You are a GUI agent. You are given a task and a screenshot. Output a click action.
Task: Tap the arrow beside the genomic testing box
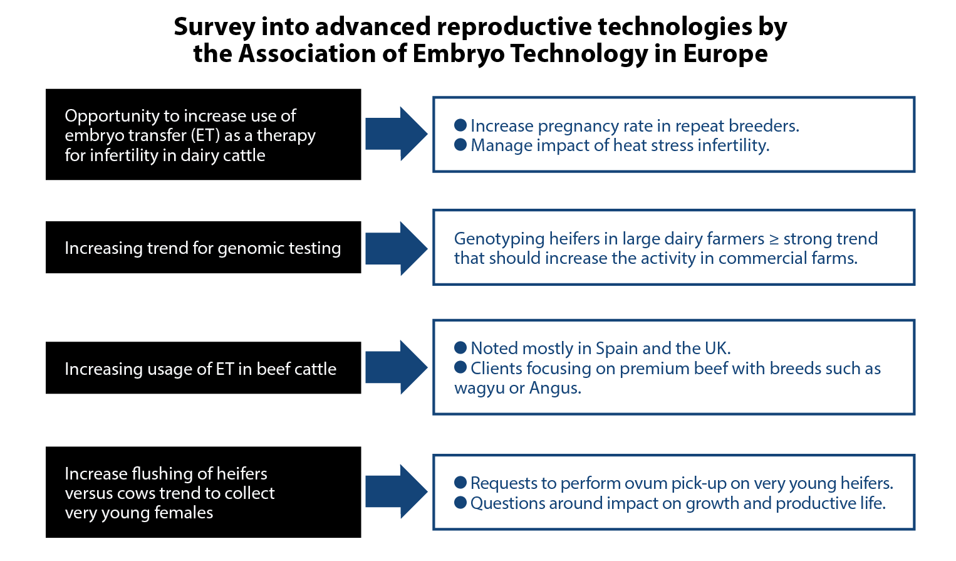(397, 248)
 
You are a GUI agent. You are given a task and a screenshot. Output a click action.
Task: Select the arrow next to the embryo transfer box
(397, 134)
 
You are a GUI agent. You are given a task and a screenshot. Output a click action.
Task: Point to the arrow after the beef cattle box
(397, 367)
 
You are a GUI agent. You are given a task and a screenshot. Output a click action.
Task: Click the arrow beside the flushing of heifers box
(397, 491)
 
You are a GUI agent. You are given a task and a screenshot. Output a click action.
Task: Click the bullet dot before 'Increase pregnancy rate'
(460, 125)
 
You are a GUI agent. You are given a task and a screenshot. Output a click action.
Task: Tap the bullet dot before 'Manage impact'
(460, 145)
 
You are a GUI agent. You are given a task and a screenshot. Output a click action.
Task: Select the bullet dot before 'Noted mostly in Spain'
(460, 347)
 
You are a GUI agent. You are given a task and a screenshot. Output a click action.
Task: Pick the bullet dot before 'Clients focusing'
(460, 367)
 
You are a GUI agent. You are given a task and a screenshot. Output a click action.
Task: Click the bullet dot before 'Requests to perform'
(460, 483)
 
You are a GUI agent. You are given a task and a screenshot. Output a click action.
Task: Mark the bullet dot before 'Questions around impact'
(460, 503)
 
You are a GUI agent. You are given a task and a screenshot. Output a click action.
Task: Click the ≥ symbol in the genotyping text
(774, 239)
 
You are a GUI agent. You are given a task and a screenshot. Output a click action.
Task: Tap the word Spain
(616, 349)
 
